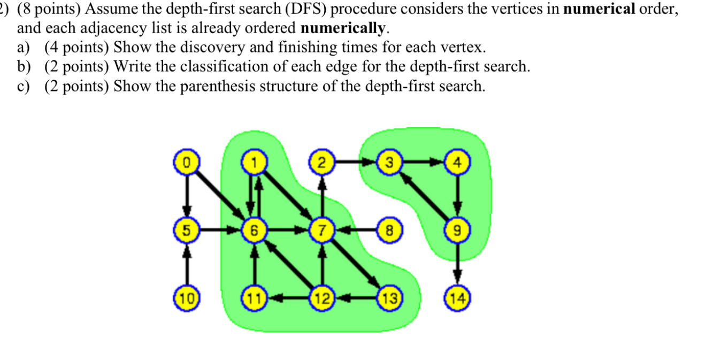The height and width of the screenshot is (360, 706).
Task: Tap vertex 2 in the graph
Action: pos(322,161)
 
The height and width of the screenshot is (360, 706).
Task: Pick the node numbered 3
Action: pos(389,161)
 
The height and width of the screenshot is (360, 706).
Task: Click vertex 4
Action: pos(457,161)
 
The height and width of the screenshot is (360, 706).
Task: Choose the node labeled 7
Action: pos(322,230)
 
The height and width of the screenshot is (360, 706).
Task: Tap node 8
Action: pos(389,230)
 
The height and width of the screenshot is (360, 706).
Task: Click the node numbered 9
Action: pos(457,230)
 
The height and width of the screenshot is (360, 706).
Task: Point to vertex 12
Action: pos(322,297)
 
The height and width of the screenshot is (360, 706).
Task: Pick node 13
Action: pos(389,297)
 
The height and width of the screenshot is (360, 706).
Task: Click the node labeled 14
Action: pos(457,297)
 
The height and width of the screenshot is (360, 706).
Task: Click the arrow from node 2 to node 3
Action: pos(356,161)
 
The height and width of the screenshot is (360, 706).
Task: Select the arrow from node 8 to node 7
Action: pos(356,230)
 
